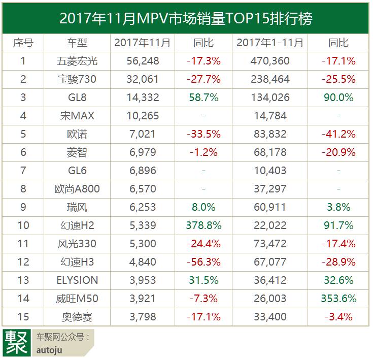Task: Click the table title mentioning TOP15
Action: (x=186, y=19)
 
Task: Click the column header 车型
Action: (x=77, y=43)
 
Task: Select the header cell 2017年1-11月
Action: (x=269, y=43)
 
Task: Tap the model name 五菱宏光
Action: (x=77, y=61)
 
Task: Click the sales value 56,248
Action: (x=143, y=61)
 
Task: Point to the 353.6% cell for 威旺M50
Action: (x=338, y=299)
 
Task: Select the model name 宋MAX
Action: (x=77, y=116)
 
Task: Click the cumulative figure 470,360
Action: (x=269, y=61)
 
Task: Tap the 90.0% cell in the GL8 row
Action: (x=338, y=97)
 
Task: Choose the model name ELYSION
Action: (x=77, y=280)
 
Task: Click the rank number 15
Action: (x=23, y=317)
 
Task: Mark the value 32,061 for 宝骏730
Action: (x=143, y=79)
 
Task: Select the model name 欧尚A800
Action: (x=77, y=189)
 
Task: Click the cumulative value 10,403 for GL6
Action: (x=269, y=171)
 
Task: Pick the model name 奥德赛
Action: (x=77, y=317)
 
